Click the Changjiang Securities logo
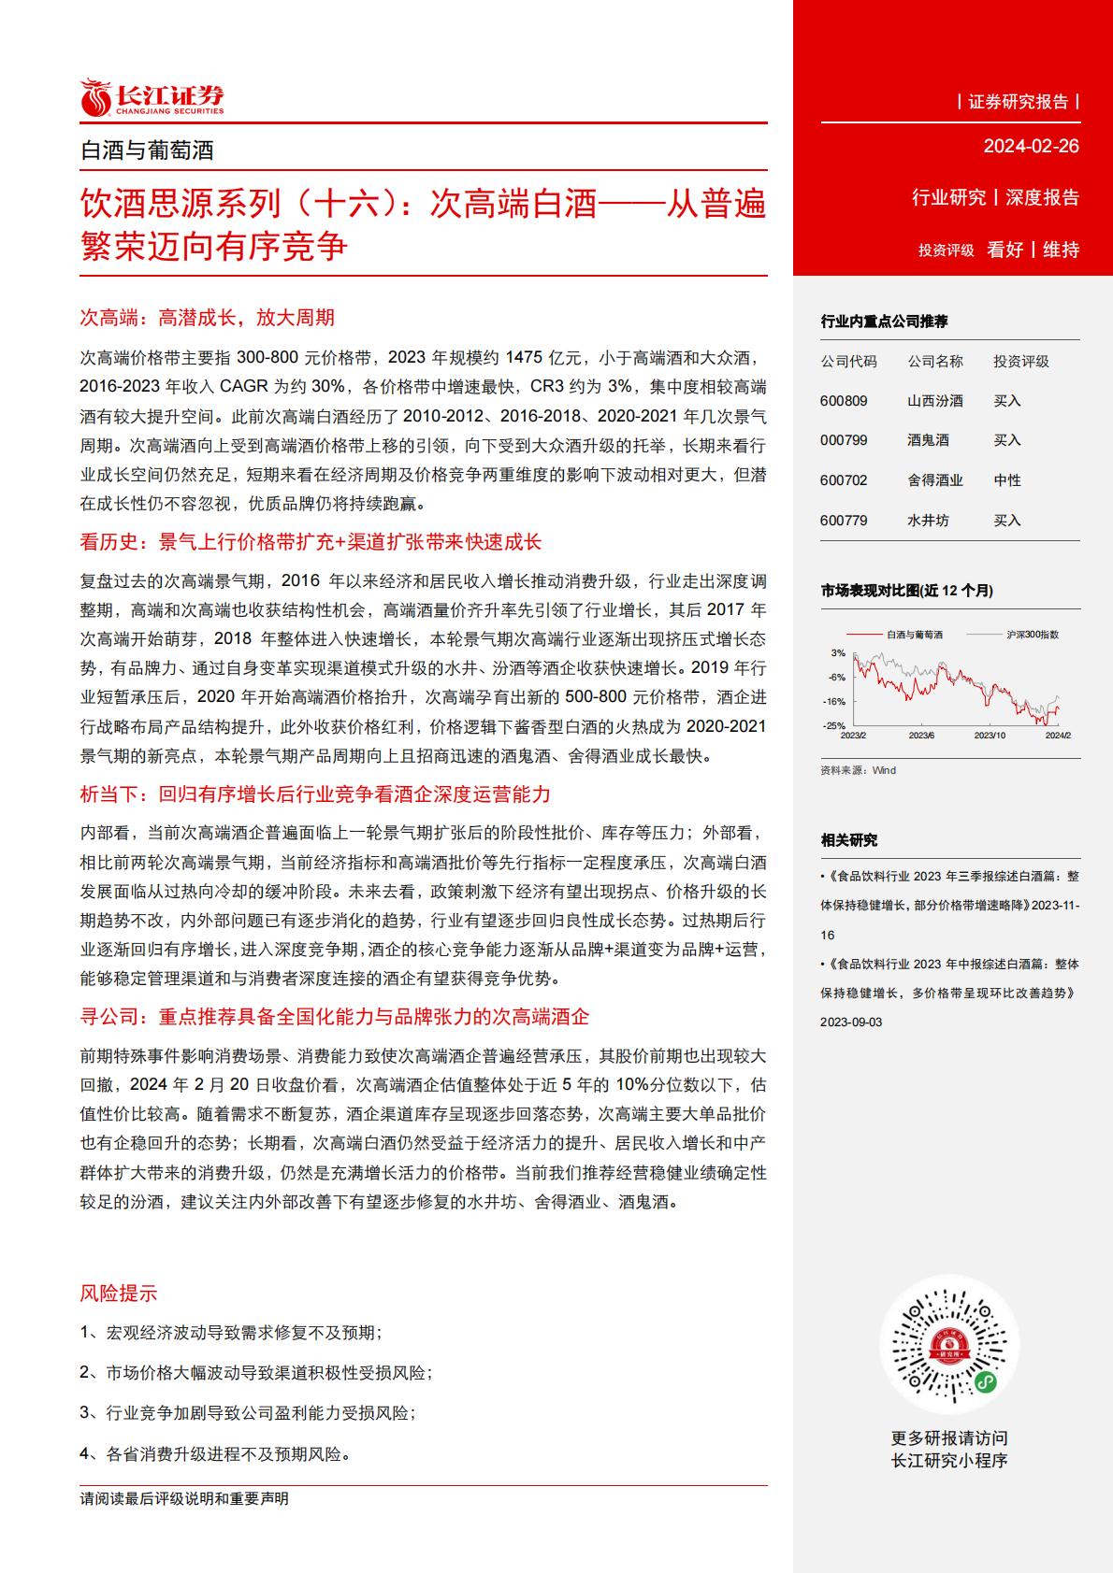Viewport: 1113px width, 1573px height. (152, 98)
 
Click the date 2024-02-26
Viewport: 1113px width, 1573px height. (1031, 146)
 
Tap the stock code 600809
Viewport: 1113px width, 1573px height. (844, 401)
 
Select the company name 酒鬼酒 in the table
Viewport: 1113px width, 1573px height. (928, 440)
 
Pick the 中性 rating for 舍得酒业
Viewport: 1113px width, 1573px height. (1007, 480)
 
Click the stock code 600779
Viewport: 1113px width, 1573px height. (844, 521)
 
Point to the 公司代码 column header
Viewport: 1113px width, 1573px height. (848, 361)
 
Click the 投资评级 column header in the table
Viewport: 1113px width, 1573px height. (1021, 361)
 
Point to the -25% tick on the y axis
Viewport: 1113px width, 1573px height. (834, 725)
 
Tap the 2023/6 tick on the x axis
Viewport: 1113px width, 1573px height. (921, 736)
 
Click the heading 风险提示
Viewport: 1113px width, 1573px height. (119, 1294)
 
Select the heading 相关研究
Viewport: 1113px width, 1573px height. (849, 840)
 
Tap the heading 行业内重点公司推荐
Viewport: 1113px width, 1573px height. (884, 322)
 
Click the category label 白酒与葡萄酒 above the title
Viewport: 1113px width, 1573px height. (148, 150)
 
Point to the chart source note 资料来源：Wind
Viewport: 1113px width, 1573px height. (858, 770)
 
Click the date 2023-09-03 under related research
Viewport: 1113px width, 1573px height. (851, 1022)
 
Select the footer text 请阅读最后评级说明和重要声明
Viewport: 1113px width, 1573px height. (184, 1499)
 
